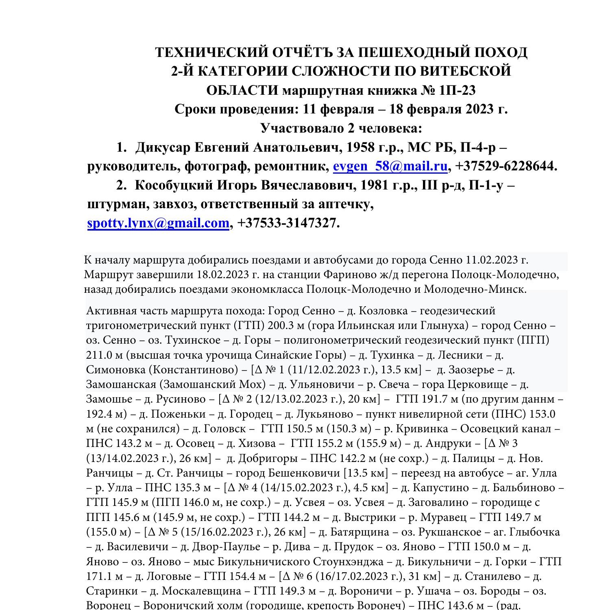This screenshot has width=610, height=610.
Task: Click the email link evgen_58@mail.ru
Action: pyautogui.click(x=390, y=166)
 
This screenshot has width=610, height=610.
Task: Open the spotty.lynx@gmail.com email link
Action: pyautogui.click(x=158, y=223)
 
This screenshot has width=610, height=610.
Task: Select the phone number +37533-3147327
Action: pyautogui.click(x=288, y=223)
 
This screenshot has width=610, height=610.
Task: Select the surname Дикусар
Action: pyautogui.click(x=163, y=147)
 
